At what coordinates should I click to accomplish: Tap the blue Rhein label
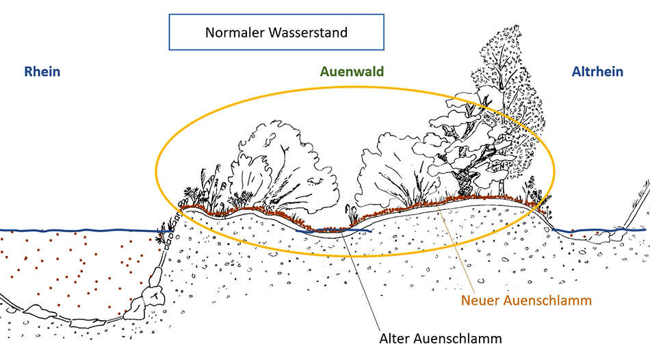click(x=42, y=72)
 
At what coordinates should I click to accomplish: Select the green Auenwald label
click(x=351, y=72)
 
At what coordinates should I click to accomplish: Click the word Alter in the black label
click(x=396, y=337)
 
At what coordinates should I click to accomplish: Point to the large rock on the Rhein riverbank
click(x=152, y=296)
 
